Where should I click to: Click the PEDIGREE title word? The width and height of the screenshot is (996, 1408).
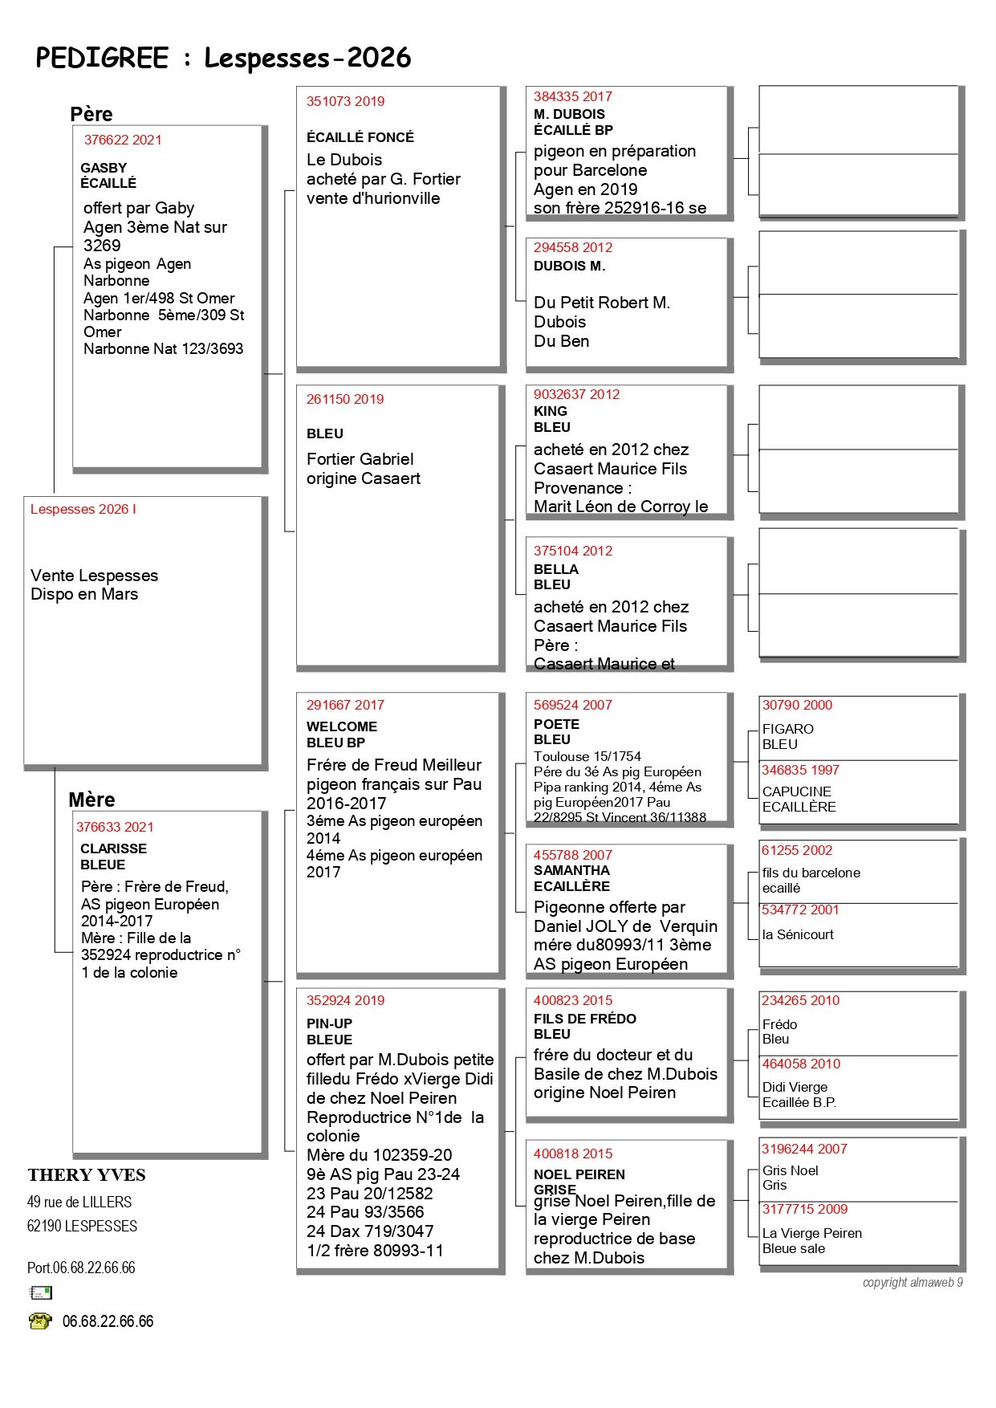point(102,59)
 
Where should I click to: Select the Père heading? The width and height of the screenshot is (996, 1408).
point(91,114)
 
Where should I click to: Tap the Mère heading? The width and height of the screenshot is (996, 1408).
point(91,800)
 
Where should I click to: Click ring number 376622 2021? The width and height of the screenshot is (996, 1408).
point(123,140)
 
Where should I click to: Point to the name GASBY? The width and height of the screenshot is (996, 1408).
point(104,168)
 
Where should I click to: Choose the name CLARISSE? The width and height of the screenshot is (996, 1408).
point(113,848)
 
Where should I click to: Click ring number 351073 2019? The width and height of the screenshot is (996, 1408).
point(345,101)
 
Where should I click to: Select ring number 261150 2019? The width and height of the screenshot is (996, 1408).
point(345,399)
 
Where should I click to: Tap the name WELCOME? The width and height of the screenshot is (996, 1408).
point(342,726)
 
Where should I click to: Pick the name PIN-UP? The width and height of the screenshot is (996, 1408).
point(329,1023)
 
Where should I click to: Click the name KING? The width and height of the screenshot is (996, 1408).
point(551,411)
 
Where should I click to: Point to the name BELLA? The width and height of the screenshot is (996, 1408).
point(556,569)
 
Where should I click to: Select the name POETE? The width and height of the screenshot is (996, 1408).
point(556,724)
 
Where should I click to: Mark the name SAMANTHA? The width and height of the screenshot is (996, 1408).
point(571,870)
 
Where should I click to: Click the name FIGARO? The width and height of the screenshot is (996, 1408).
point(788,729)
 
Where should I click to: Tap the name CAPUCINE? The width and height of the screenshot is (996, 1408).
point(797,791)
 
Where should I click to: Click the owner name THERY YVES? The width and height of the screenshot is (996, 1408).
point(87,1175)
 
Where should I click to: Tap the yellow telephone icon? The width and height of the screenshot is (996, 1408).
point(39,1321)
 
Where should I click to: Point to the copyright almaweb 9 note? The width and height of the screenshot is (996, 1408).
point(913,1282)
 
